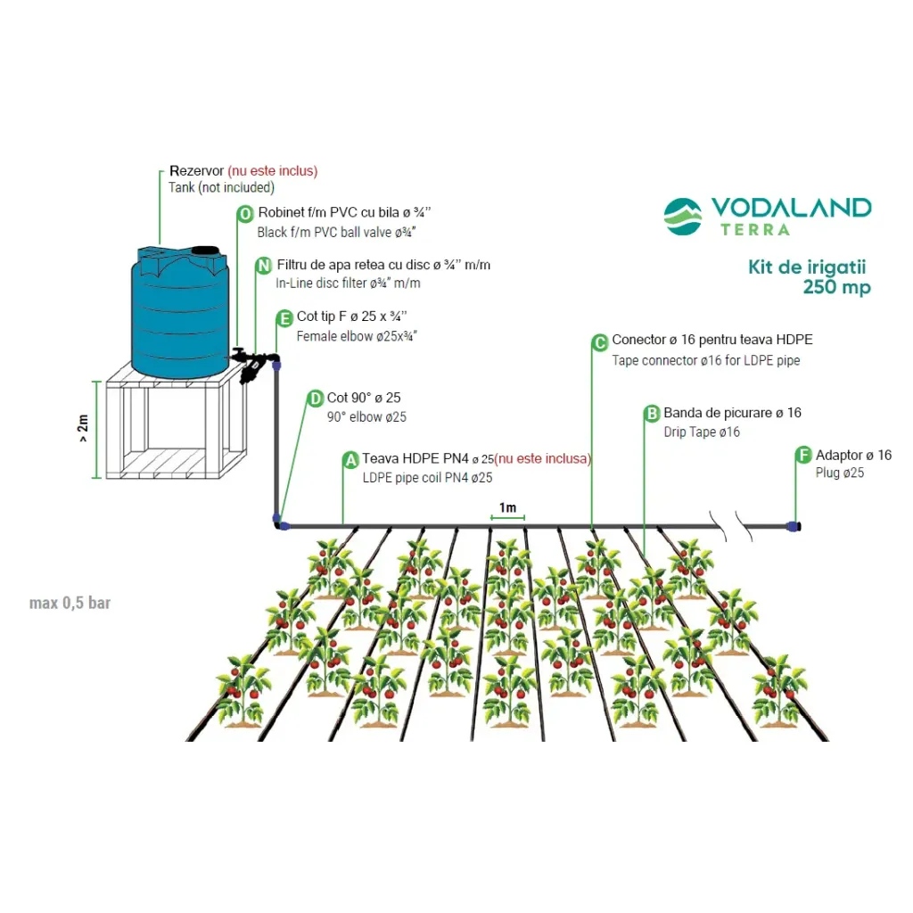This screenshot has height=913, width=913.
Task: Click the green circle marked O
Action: [x=245, y=214]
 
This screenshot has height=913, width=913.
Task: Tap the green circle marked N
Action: [x=263, y=266]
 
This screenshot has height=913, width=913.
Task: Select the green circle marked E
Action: [x=284, y=318]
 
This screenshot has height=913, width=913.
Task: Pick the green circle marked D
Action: [x=315, y=399]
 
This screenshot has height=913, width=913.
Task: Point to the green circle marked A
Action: [x=350, y=459]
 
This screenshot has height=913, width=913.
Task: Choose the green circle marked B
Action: [x=652, y=414]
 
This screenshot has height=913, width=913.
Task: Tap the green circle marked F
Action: [x=803, y=456]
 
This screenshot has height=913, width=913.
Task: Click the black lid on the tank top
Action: [x=206, y=251]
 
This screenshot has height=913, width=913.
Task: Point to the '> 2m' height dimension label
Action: [x=83, y=428]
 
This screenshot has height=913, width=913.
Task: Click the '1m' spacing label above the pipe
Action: [x=507, y=508]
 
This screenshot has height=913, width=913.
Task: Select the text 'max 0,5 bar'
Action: [x=70, y=604]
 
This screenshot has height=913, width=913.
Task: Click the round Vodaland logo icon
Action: [x=683, y=217]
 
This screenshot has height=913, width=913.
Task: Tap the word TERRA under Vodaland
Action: [x=755, y=229]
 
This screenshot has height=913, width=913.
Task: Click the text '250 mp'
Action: [x=836, y=287]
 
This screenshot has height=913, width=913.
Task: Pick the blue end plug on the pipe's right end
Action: [x=793, y=526]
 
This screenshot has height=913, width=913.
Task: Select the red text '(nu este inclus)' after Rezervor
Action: [x=272, y=170]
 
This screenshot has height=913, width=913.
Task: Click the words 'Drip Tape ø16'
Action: [x=702, y=432]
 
